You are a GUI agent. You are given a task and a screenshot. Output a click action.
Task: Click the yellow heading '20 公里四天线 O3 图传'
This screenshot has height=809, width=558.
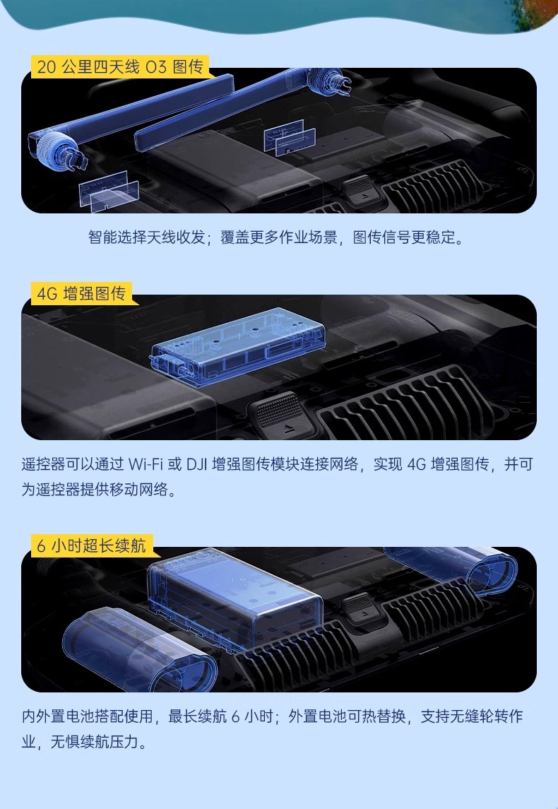pos(120,67)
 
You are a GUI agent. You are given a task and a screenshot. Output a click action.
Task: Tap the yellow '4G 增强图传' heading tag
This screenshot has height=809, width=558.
pos(81,294)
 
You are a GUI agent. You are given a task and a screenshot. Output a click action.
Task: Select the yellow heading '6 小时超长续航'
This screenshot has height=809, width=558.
pos(92,545)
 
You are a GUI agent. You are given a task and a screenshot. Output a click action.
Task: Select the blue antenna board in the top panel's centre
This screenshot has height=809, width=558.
pos(290,137)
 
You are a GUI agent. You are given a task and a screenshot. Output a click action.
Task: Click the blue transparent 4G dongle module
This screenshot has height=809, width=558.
pos(238,346)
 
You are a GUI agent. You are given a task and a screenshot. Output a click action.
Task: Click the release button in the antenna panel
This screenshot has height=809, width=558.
pos(360,189)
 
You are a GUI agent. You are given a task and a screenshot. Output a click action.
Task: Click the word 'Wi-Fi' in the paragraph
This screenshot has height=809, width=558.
pos(146,464)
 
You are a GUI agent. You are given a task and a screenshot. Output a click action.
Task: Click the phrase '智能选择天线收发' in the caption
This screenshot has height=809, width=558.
pos(146,237)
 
